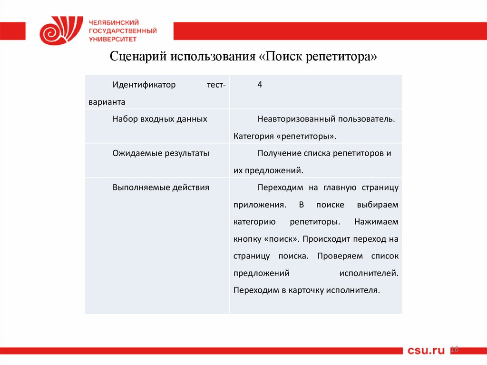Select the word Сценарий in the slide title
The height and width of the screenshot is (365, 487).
pos(133,58)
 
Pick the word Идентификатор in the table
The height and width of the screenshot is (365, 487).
pos(144,85)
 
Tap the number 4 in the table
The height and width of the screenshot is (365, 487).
pos(260,85)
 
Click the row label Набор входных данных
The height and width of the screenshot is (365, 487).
pos(160,119)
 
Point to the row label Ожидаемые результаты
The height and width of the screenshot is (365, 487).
pos(161,153)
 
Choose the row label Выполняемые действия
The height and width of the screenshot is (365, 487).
pos(161,187)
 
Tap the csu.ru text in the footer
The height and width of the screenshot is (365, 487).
pos(426,351)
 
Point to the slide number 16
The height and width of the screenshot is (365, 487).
pos(454,350)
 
